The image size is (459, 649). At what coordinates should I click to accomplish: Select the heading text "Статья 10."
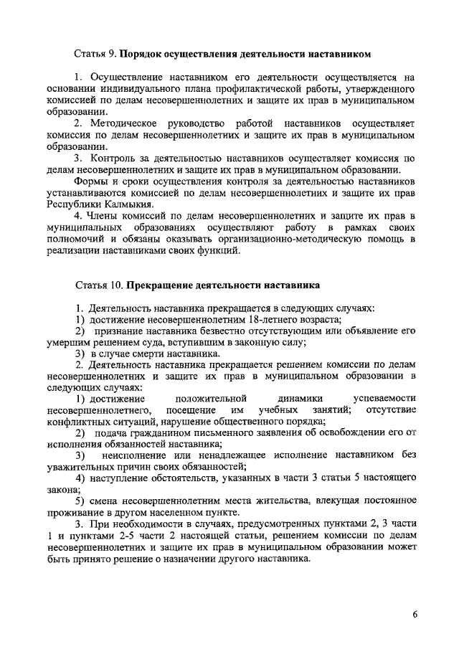[x=98, y=285]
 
